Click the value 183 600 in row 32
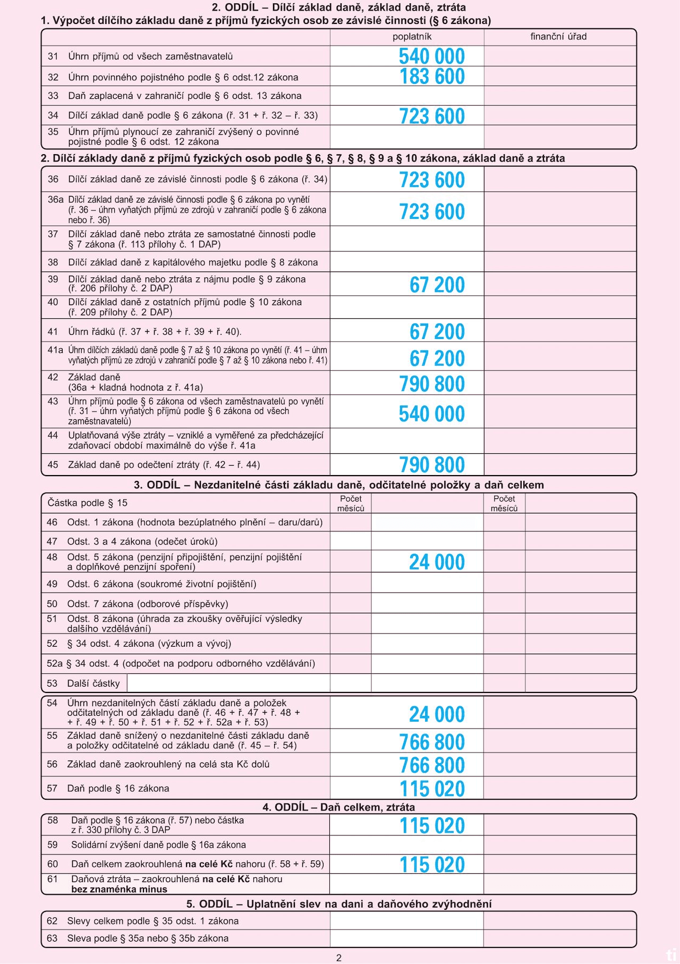432,77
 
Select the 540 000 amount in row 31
432,56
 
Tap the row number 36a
55,200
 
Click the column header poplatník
412,37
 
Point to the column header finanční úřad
558,37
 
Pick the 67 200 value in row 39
437,285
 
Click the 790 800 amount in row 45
432,464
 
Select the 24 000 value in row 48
437,562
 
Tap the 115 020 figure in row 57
432,789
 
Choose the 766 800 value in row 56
432,765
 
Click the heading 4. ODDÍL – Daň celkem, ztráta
338,807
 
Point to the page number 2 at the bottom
339,958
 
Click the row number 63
52,938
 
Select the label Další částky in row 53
93,683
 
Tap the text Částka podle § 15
88,503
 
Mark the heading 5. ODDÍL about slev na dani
339,904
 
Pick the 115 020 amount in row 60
432,865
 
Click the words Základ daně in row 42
94,377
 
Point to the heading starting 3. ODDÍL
339,485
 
